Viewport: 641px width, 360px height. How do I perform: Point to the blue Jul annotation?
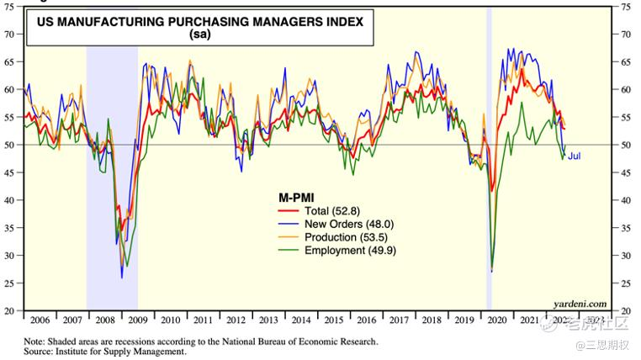pyautogui.click(x=574, y=156)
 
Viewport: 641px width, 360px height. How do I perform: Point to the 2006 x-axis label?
pyautogui.click(x=39, y=320)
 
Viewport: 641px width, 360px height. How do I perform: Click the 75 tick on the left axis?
pyautogui.click(x=11, y=7)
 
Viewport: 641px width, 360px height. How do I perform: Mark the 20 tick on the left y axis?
pyautogui.click(x=11, y=311)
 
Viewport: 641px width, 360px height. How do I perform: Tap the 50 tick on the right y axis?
pyautogui.click(x=624, y=146)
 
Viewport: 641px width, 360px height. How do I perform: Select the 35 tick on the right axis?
pyautogui.click(x=624, y=228)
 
